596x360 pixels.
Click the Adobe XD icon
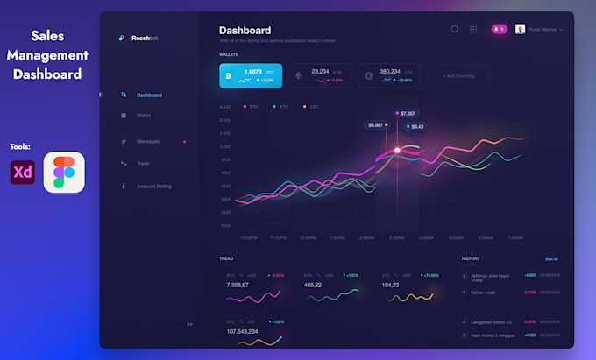[23, 173]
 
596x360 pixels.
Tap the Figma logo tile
[64, 173]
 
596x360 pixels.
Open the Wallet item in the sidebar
[144, 116]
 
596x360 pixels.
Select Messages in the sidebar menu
[147, 141]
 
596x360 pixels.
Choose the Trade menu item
[142, 163]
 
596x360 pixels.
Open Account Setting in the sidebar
[153, 186]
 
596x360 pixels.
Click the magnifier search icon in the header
[455, 29]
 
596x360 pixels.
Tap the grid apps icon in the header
[473, 29]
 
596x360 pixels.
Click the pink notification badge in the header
[499, 29]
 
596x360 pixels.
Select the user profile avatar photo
[521, 29]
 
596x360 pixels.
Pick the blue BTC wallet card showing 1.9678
[251, 75]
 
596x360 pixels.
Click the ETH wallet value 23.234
[320, 72]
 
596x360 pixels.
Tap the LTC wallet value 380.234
[389, 72]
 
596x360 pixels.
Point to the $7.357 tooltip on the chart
[407, 113]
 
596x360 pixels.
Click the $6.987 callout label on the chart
[377, 125]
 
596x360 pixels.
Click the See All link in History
[551, 259]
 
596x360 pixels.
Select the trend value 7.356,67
[238, 285]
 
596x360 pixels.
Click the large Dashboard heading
[245, 30]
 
